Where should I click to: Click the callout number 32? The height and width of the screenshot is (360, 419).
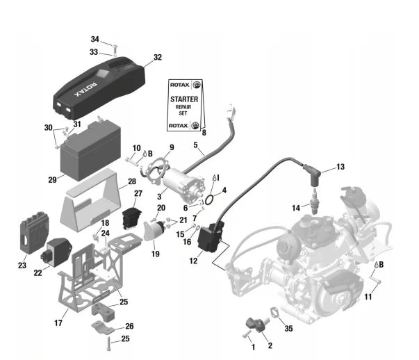coord(158,57)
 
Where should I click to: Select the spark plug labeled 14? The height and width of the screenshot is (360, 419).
coord(317,205)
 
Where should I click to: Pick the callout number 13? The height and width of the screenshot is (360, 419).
coord(340,167)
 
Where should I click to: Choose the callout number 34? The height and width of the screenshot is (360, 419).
coord(95,39)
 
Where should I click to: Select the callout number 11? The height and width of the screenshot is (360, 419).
coord(368,297)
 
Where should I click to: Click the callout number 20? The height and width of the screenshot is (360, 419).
coord(161,208)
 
